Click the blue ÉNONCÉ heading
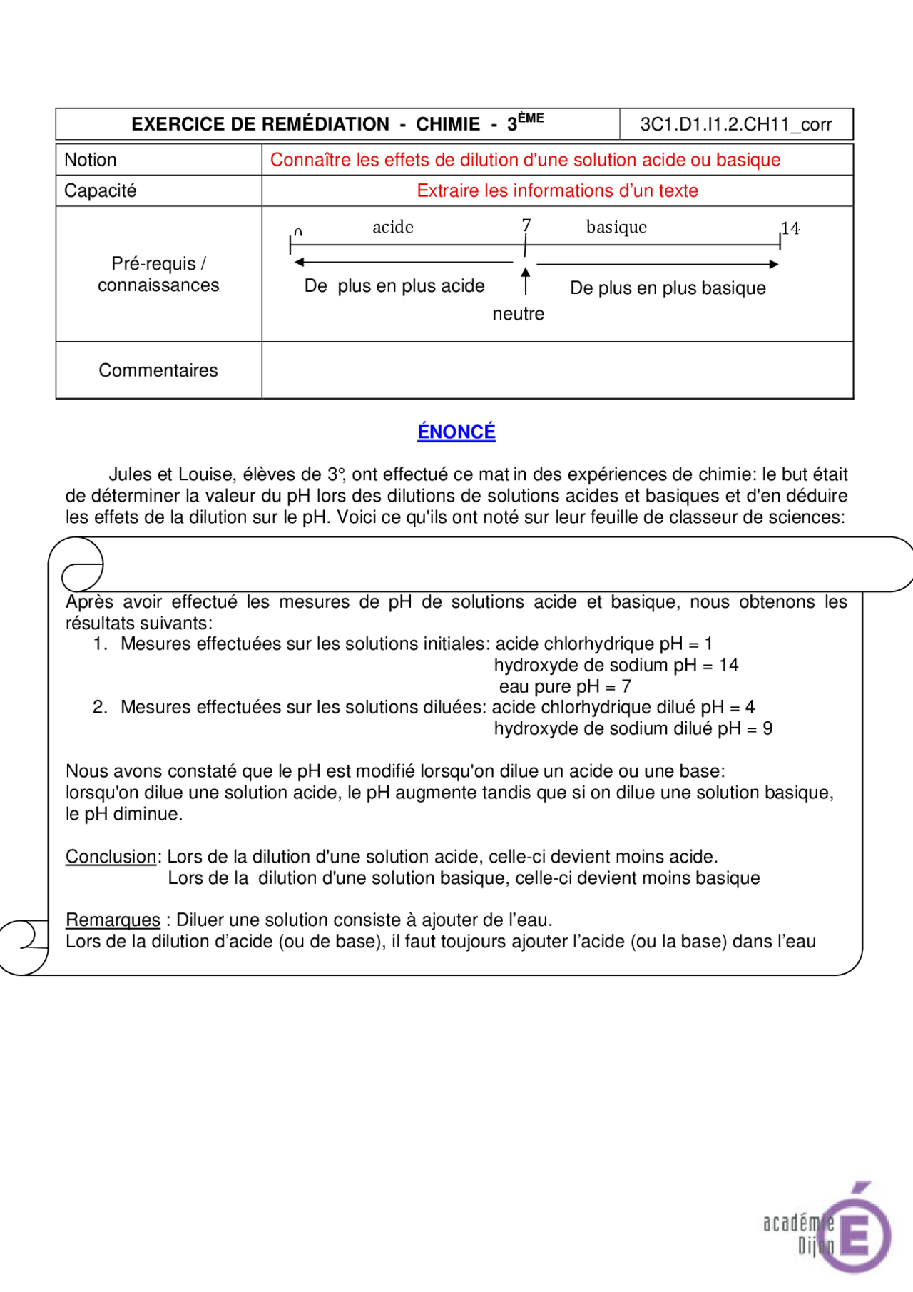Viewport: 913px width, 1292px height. click(x=456, y=432)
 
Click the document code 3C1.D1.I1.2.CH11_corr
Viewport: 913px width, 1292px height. click(x=735, y=125)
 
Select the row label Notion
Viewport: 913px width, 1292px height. click(x=90, y=160)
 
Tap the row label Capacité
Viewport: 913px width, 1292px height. click(x=100, y=191)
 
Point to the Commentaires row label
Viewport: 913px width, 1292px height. click(x=158, y=370)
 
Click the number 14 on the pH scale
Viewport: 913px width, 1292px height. click(x=790, y=228)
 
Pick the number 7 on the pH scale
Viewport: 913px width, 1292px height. click(x=526, y=225)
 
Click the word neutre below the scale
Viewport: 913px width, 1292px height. click(x=518, y=314)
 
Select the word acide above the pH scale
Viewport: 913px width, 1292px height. click(x=392, y=227)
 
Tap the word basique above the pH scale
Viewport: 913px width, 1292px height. click(x=616, y=227)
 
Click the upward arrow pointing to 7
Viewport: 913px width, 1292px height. click(x=526, y=280)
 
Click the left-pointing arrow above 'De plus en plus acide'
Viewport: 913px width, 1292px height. click(x=403, y=263)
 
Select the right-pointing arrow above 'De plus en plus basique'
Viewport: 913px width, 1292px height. click(x=657, y=264)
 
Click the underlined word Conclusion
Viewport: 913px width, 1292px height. click(x=111, y=857)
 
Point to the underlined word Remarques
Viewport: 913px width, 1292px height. click(x=113, y=920)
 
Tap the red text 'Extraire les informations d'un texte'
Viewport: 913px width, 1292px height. click(x=557, y=191)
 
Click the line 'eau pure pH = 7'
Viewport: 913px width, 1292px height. click(x=564, y=687)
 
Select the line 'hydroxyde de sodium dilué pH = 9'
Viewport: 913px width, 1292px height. click(x=633, y=729)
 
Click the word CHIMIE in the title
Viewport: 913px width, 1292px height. click(x=448, y=125)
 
